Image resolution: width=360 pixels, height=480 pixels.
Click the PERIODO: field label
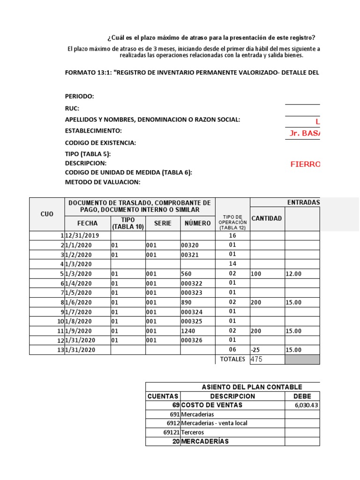(79, 96)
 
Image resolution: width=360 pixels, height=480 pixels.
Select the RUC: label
(72, 108)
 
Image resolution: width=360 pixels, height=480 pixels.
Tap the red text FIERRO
(305, 164)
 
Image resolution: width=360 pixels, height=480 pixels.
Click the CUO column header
(47, 214)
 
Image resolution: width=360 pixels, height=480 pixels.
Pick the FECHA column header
(88, 223)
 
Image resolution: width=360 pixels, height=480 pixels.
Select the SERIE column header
(163, 223)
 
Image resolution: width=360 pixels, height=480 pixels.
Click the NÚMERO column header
(197, 223)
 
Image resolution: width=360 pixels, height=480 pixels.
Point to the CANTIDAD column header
(267, 218)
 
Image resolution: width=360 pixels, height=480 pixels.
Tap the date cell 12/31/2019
(82, 236)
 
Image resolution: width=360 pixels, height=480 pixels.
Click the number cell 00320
(189, 245)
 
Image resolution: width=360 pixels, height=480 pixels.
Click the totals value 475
(257, 360)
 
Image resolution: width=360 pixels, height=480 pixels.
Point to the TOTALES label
(232, 360)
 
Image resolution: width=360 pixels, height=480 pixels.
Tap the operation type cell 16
(232, 236)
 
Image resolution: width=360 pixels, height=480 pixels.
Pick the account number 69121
(170, 432)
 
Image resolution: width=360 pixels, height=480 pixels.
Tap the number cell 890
(186, 302)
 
